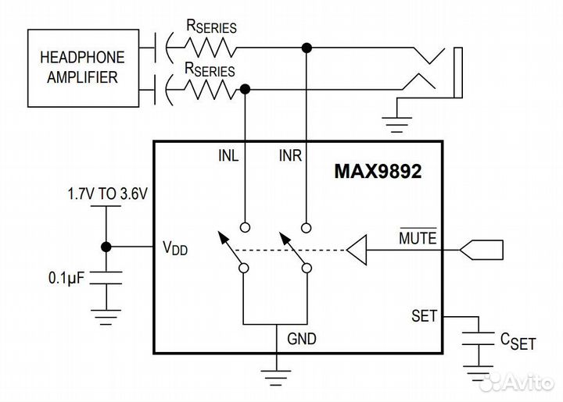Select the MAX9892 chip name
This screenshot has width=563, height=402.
[377, 173]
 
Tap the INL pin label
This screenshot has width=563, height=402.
[229, 155]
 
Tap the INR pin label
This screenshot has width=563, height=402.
[290, 155]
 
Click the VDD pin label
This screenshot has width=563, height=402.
[174, 248]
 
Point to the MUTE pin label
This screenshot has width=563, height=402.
[418, 236]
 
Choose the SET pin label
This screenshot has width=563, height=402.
[425, 316]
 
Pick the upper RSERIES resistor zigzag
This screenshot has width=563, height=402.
[209, 48]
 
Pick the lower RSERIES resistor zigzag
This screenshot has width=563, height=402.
[209, 91]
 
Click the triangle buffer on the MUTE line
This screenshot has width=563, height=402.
[357, 251]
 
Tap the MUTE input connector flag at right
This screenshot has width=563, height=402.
[482, 251]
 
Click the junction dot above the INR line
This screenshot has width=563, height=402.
[307, 48]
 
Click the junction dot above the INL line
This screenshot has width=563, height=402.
[245, 91]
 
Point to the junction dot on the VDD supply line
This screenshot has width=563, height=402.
[105, 247]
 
